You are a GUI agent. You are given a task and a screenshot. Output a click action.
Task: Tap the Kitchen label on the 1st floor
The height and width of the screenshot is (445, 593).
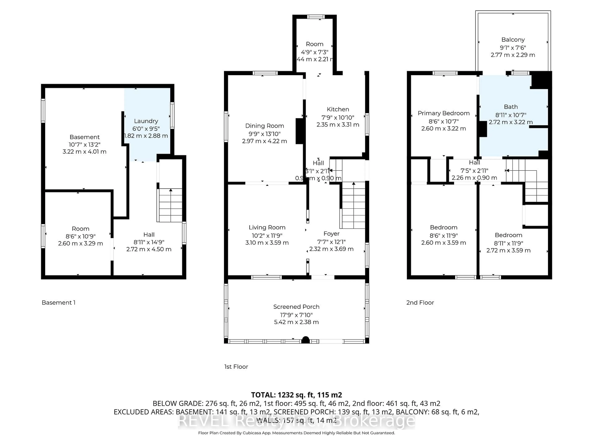coord(338,109)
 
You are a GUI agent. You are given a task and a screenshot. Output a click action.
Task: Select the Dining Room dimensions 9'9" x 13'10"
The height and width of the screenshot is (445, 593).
coord(264,134)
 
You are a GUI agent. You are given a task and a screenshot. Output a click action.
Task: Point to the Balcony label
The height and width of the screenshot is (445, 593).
coord(513,40)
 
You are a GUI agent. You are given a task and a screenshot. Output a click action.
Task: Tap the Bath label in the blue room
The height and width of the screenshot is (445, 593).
coord(511,107)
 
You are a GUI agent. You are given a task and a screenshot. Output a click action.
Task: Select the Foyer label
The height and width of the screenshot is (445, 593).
coord(331,234)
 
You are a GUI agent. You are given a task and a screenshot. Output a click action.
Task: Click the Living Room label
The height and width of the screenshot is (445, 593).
coord(267,227)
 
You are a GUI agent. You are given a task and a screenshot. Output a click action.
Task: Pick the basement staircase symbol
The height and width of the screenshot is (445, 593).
coord(170,205)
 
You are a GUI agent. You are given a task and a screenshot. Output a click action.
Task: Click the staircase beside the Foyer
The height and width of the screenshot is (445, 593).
coord(353,205)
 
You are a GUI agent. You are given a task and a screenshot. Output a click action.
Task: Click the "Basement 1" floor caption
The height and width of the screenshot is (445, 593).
coord(58,303)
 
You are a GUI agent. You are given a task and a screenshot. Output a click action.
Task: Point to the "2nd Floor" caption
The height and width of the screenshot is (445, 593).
coord(420,303)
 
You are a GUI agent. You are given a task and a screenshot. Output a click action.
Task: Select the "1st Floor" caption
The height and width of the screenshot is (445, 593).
coord(236,367)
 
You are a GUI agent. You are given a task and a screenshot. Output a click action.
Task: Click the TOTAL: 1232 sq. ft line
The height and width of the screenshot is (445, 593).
coord(296,395)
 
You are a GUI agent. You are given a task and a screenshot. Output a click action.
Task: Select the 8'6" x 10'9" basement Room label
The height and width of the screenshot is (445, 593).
coord(80,236)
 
